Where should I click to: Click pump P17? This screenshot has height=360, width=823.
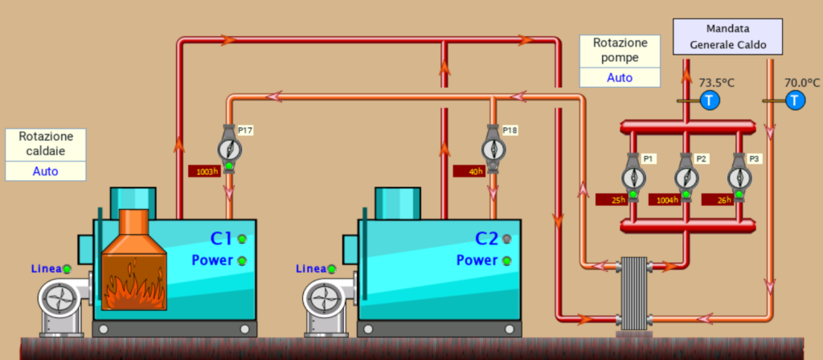229,149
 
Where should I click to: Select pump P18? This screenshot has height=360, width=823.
494,149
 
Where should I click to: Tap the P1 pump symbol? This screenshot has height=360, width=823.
633,178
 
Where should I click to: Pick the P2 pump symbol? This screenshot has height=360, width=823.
686,178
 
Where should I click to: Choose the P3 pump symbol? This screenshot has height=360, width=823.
739,178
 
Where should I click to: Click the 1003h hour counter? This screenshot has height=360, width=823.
204,171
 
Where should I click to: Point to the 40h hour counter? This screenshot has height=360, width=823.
469,171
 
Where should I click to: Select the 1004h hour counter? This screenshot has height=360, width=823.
665,199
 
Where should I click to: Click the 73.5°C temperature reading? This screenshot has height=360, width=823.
716,83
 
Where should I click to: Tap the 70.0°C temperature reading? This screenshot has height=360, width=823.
802,83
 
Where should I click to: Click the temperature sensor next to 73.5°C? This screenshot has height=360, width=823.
709,100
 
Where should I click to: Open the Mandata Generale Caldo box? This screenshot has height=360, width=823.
728,37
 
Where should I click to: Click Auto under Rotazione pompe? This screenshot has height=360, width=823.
620,78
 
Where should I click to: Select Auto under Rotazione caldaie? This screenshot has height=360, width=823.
46,171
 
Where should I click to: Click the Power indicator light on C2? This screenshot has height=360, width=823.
506,260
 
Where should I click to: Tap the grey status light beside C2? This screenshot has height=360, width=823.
506,239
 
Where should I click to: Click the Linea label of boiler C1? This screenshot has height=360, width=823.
46,268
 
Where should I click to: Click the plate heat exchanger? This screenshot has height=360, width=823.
634,294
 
